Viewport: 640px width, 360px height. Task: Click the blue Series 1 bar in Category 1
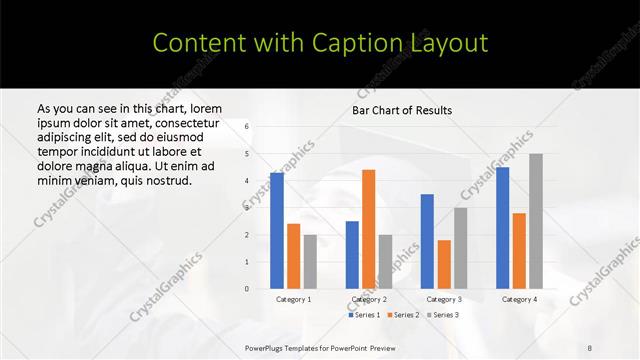click(x=277, y=231)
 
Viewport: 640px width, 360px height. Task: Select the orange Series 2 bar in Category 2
click(x=368, y=229)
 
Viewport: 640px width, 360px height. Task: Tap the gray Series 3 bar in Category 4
click(x=536, y=221)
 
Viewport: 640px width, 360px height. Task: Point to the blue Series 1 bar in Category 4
click(x=502, y=228)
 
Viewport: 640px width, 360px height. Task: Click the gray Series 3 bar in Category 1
click(x=310, y=262)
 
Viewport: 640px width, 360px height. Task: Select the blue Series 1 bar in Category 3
click(x=427, y=241)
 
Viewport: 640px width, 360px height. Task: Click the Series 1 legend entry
click(x=366, y=315)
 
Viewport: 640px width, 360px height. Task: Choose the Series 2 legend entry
click(x=404, y=315)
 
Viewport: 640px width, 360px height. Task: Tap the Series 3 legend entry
click(x=443, y=315)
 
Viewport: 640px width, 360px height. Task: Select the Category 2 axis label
click(x=369, y=299)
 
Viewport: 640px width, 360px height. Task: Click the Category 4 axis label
click(x=519, y=299)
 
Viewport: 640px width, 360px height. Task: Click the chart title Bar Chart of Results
click(x=402, y=110)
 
